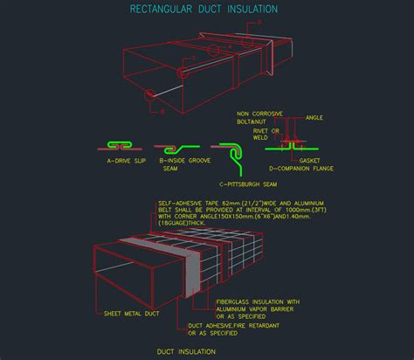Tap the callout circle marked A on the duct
[x=215, y=51]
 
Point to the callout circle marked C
[x=182, y=73]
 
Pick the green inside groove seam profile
[x=177, y=148]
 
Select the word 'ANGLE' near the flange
[x=314, y=116]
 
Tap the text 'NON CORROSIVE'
[x=260, y=114]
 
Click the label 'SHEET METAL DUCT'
[x=130, y=313]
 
